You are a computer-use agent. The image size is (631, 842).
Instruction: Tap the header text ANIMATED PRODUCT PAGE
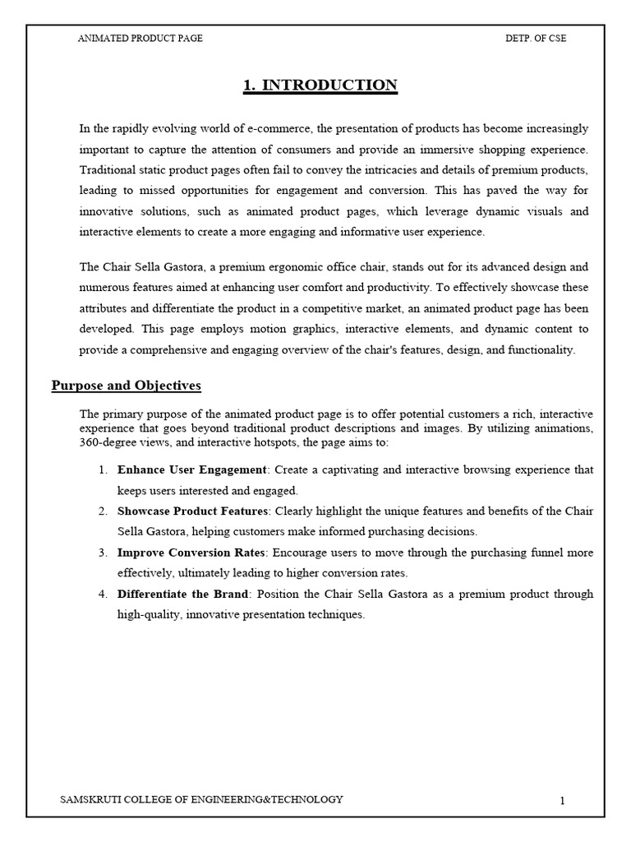pos(140,38)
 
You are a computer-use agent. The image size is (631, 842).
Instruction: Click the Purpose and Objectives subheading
pos(126,385)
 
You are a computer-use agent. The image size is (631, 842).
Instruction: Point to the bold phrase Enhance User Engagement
pos(192,470)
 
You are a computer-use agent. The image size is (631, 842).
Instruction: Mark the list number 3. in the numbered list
pos(103,553)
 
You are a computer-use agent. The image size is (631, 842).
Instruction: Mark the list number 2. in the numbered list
pos(103,511)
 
